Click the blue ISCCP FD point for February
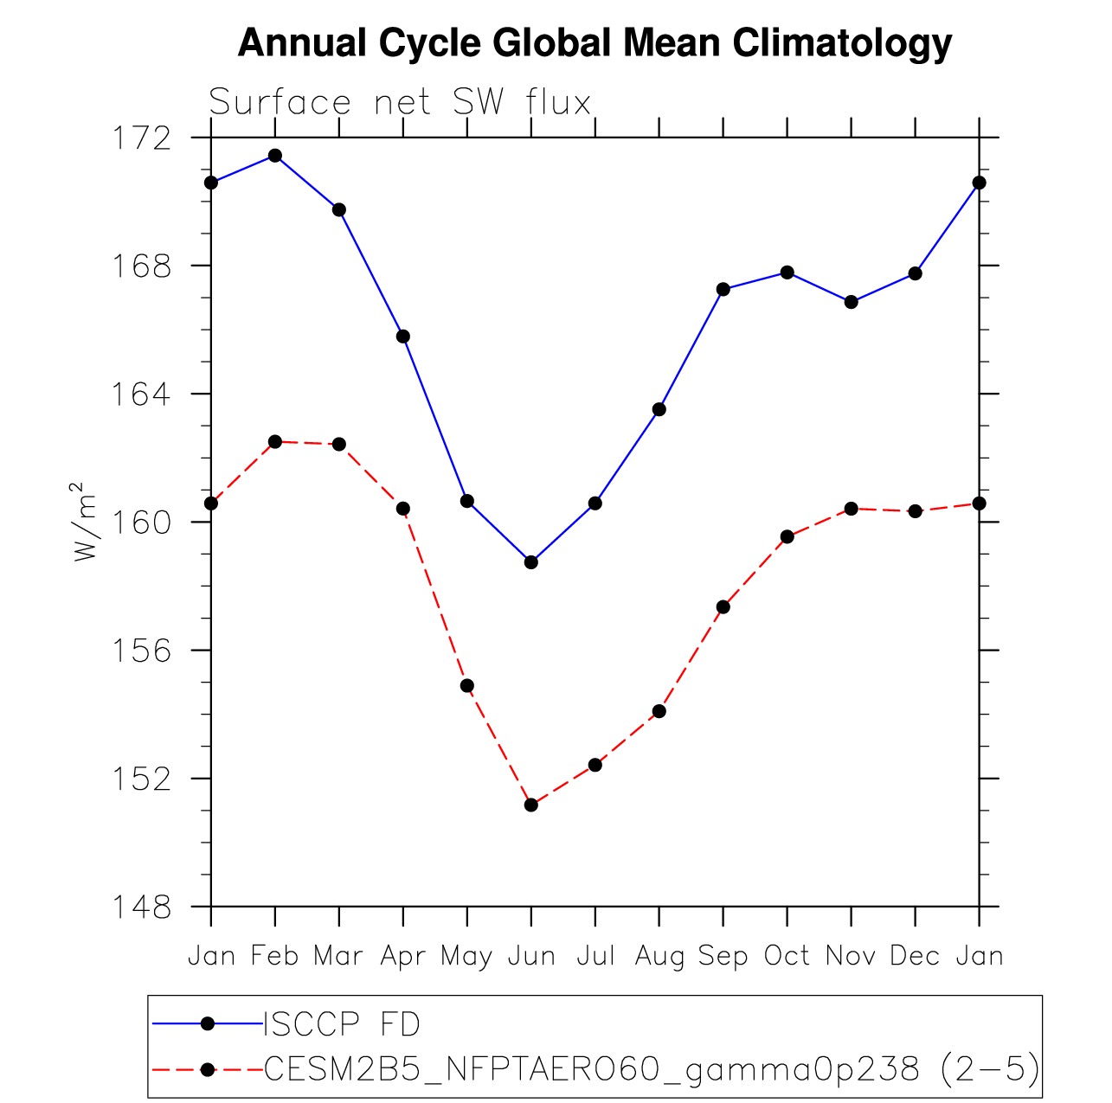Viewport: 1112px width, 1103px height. click(x=275, y=156)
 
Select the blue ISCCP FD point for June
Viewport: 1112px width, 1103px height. click(x=531, y=562)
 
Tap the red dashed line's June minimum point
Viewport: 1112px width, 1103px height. click(x=531, y=805)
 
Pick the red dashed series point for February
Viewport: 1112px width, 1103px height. click(x=275, y=442)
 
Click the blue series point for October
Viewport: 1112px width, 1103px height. click(x=787, y=273)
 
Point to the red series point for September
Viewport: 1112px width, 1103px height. click(x=723, y=607)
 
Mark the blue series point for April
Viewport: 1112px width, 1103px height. click(x=403, y=337)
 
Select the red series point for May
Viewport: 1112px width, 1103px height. click(x=467, y=686)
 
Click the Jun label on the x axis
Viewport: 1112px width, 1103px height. click(x=531, y=956)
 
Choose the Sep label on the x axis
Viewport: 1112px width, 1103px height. click(x=723, y=956)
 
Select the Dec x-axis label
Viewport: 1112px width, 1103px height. click(x=915, y=956)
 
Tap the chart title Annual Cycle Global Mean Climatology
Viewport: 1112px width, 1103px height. click(x=595, y=43)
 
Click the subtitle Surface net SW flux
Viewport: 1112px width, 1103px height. click(x=400, y=103)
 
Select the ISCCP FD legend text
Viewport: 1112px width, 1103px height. click(x=342, y=1025)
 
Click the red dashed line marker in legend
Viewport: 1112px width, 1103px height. click(x=207, y=1070)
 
